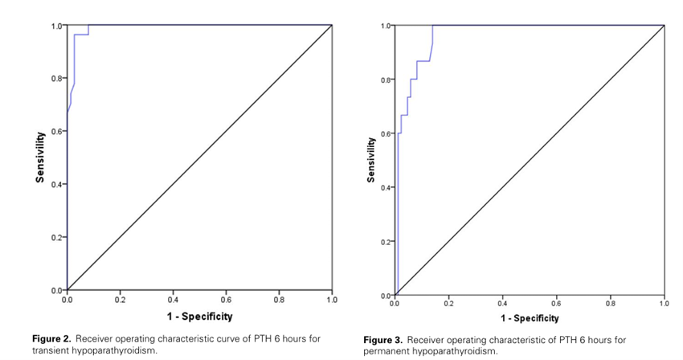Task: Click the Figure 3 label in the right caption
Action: point(382,340)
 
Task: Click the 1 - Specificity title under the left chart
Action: point(199,317)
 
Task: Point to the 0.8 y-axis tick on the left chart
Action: point(59,78)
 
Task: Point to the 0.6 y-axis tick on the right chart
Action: point(387,133)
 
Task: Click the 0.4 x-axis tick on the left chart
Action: point(173,299)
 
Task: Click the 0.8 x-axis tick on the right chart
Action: point(611,304)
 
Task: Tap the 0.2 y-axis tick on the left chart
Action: point(59,237)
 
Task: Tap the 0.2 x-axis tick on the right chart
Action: point(448,304)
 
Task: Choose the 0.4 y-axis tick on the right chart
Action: point(387,187)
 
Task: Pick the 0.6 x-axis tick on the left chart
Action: point(226,299)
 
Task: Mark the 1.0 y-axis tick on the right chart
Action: point(387,26)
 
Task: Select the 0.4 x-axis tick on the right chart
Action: point(502,304)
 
